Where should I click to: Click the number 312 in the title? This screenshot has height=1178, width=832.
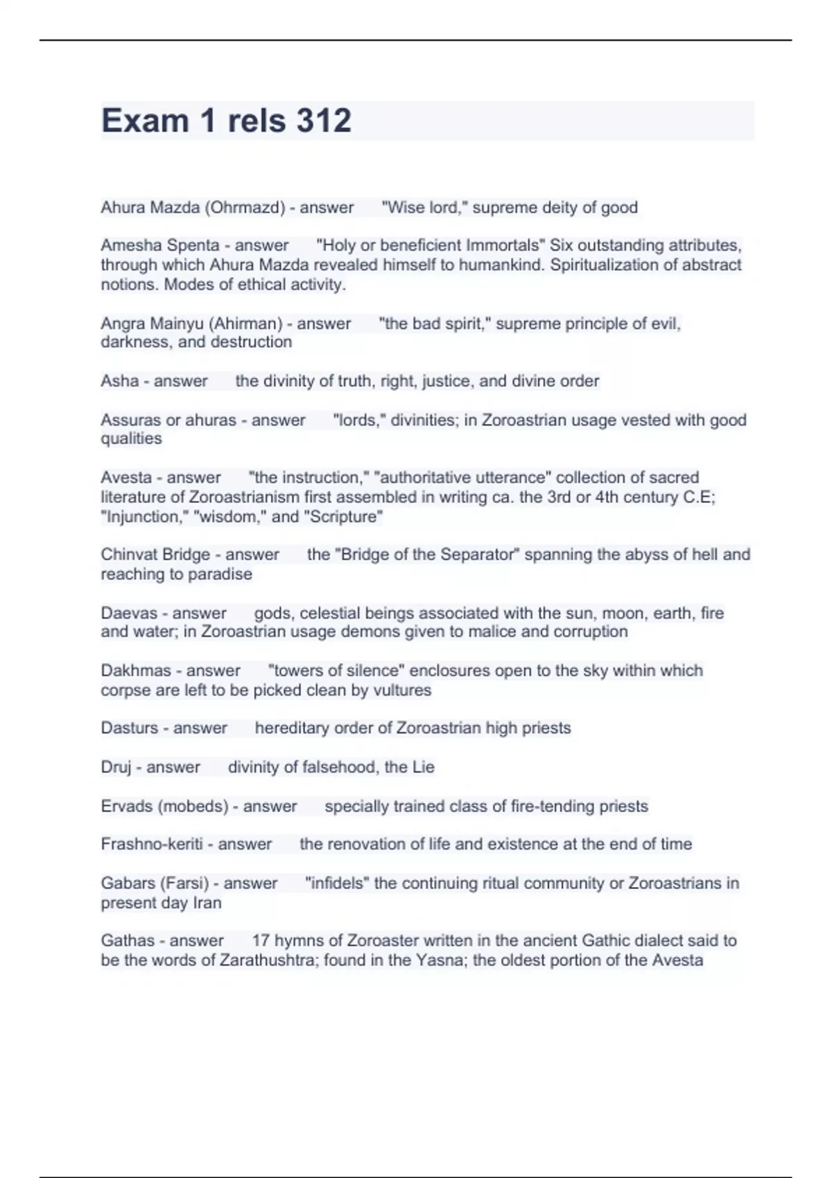tap(324, 121)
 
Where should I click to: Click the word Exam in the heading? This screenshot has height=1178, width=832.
tap(145, 121)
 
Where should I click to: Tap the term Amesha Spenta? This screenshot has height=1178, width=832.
tap(159, 245)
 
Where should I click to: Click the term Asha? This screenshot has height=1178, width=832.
tap(119, 381)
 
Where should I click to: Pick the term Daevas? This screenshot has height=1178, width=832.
tap(129, 613)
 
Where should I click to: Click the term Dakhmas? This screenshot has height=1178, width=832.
tap(136, 671)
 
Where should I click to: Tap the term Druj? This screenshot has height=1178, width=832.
tap(116, 768)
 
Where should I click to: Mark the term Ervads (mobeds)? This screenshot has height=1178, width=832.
tap(164, 807)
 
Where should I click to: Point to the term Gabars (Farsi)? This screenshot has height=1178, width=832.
tap(155, 884)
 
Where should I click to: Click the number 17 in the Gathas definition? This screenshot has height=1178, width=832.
tap(261, 941)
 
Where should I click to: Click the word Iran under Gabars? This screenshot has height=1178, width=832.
tap(207, 903)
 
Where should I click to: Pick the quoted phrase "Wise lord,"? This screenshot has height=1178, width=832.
tap(424, 208)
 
